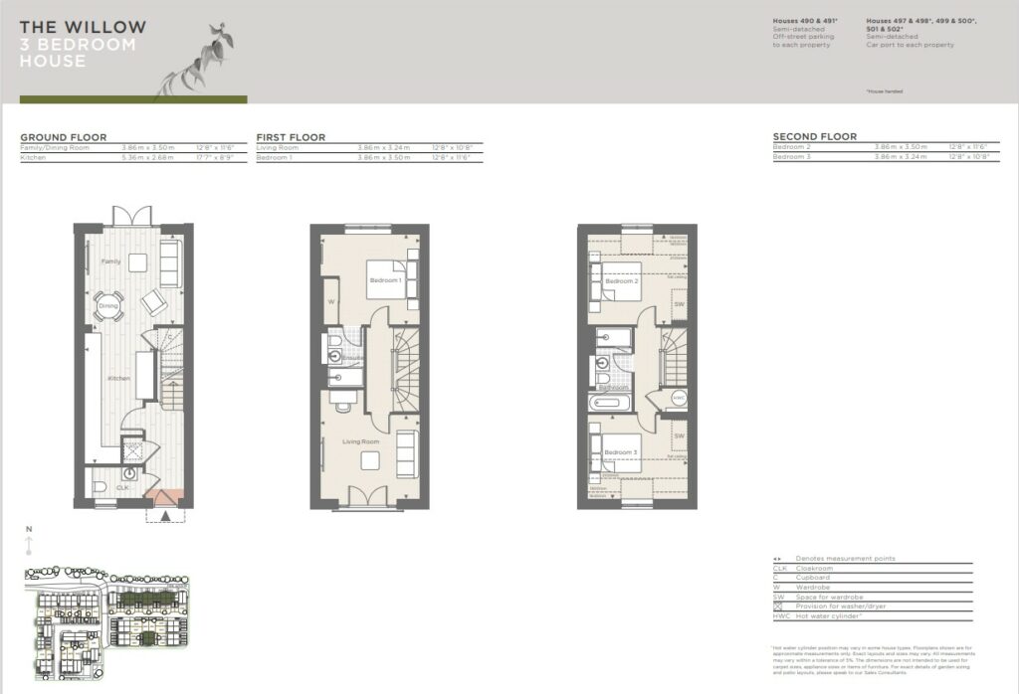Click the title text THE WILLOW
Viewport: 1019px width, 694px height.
tap(83, 28)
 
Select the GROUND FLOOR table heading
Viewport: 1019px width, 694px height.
tap(63, 137)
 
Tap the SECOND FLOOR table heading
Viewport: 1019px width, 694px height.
tap(814, 137)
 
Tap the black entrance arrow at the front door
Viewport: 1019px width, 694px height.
tap(165, 515)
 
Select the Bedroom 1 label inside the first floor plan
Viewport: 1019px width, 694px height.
tap(385, 281)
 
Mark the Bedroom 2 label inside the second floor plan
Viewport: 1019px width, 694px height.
tap(620, 281)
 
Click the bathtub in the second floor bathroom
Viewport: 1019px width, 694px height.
tap(606, 404)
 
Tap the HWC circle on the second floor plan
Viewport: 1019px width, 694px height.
tap(679, 398)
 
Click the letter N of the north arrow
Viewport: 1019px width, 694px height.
tap(29, 529)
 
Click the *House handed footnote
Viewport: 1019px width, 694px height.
tap(886, 91)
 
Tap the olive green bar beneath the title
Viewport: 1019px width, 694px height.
tap(133, 99)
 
